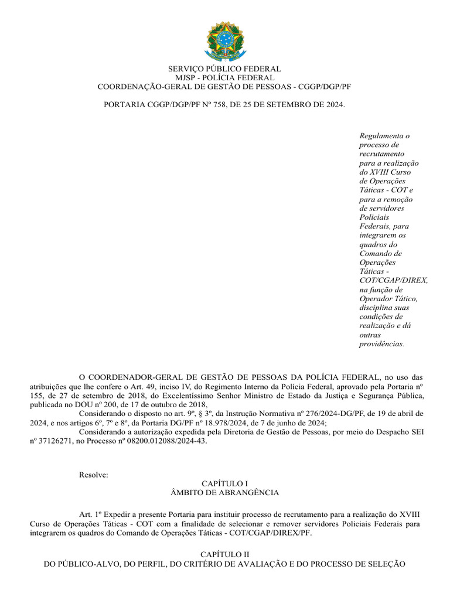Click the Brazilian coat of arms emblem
click(226, 40)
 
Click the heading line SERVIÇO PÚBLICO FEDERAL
click(225, 69)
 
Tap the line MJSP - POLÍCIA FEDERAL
click(225, 78)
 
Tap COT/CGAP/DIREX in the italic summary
click(393, 281)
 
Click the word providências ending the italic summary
click(381, 344)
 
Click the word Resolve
click(94, 475)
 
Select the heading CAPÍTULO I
click(225, 483)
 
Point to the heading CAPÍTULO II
click(225, 554)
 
